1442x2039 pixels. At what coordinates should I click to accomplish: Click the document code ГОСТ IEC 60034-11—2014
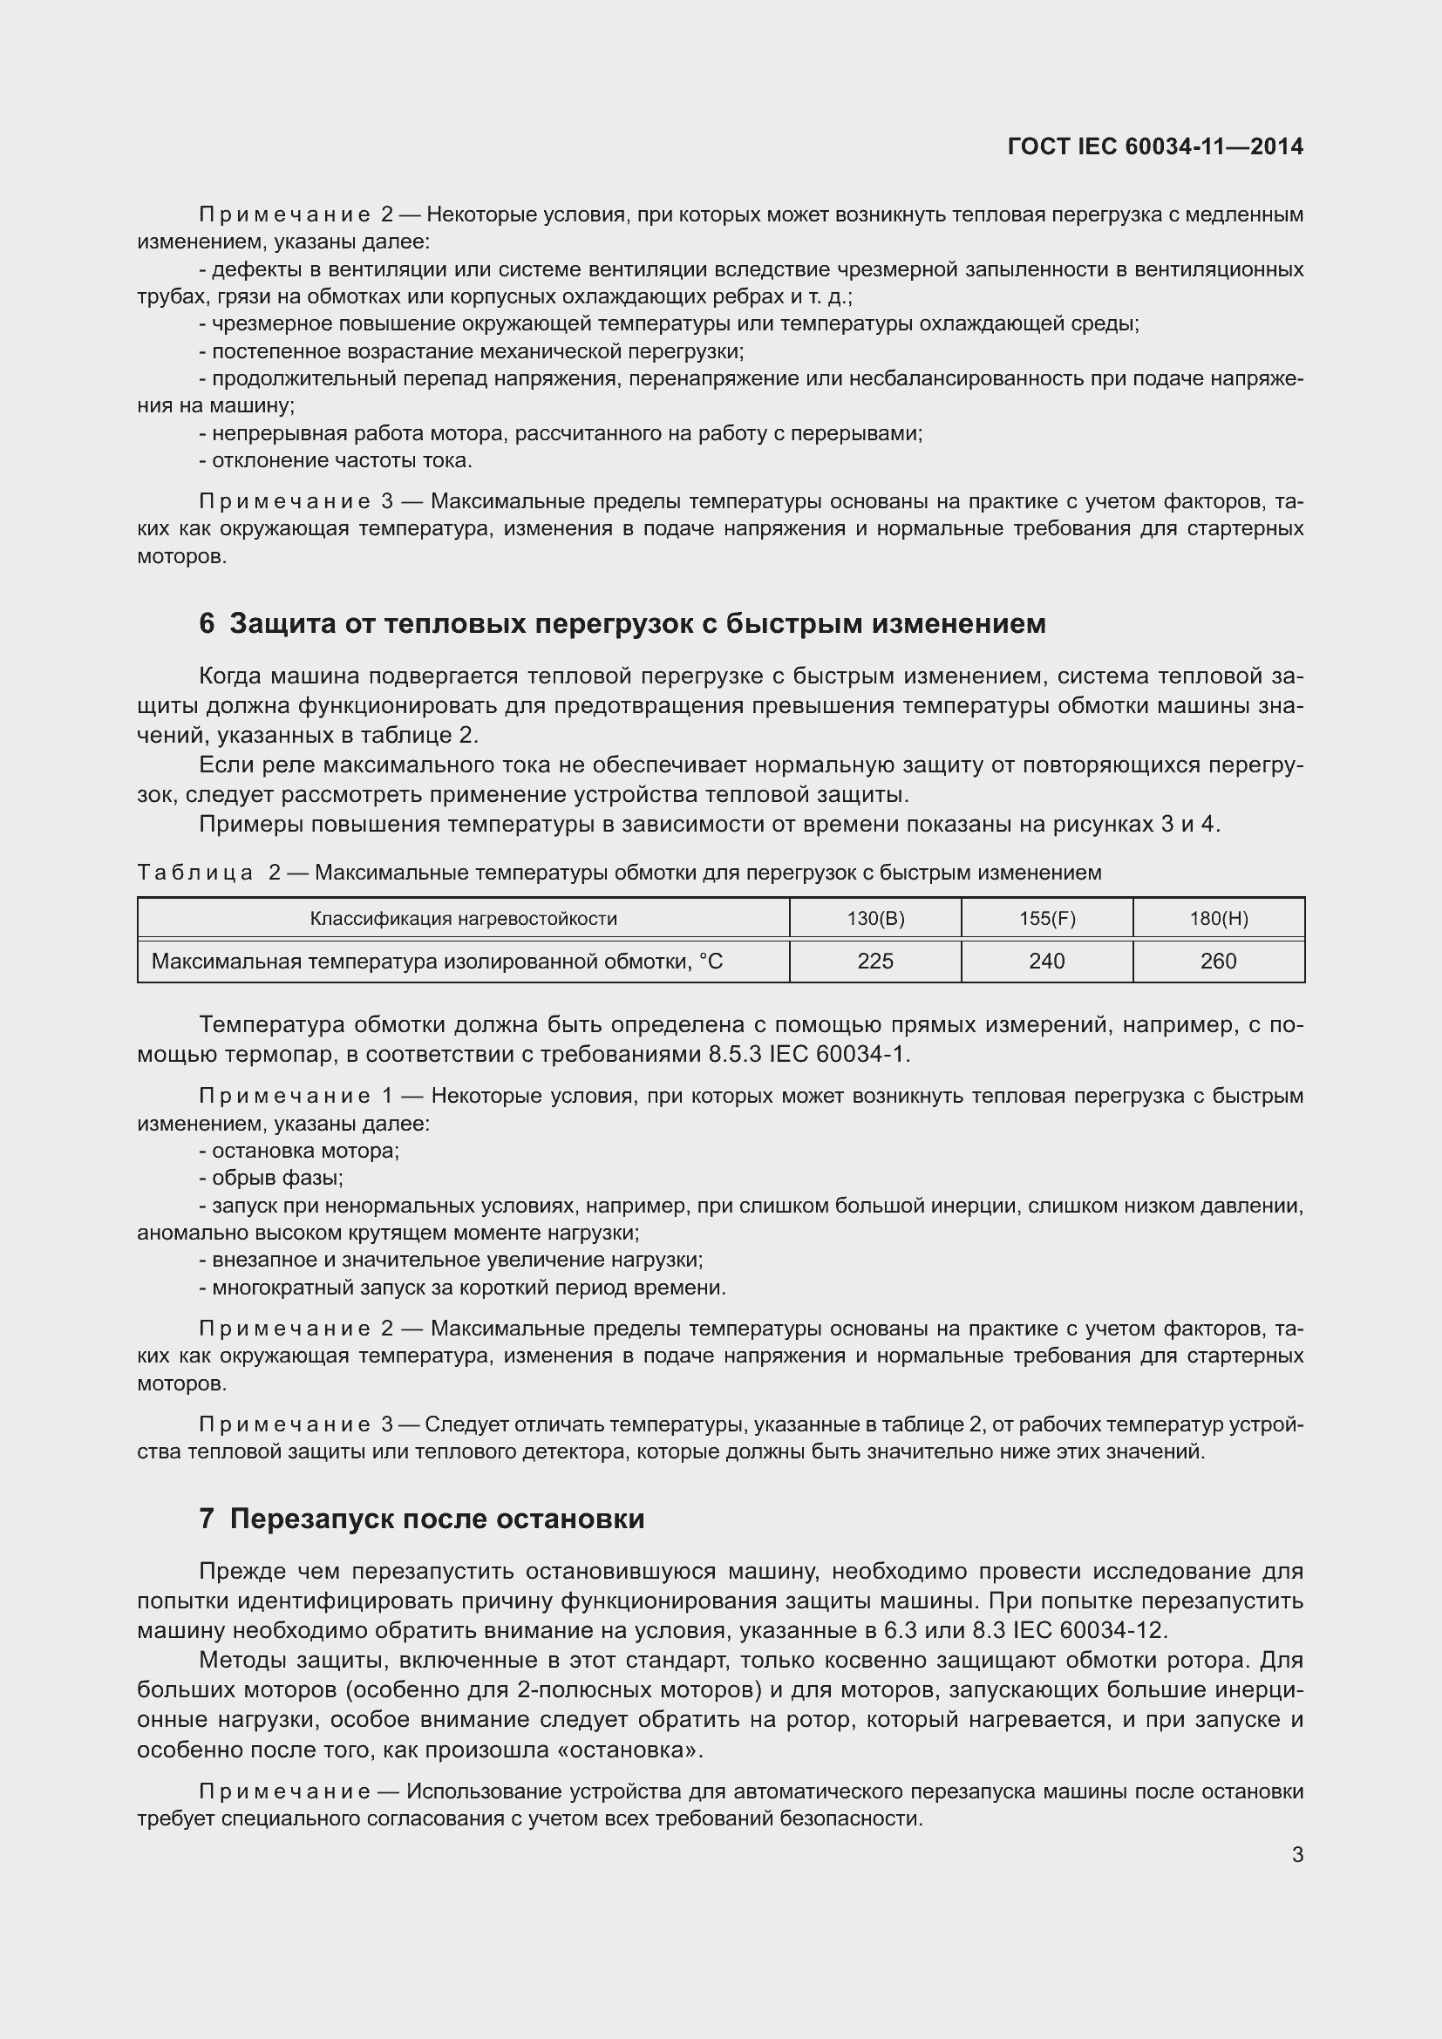(x=1155, y=146)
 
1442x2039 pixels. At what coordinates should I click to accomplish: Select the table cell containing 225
(x=874, y=961)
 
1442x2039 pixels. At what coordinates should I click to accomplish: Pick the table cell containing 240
(x=1046, y=961)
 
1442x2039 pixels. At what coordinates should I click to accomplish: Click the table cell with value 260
(x=1217, y=961)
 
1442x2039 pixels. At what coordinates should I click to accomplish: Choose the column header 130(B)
(x=874, y=918)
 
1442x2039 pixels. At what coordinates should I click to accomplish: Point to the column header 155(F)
(x=1046, y=918)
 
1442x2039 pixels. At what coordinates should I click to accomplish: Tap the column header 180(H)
(x=1218, y=918)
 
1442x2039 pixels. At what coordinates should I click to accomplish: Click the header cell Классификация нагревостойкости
(x=463, y=918)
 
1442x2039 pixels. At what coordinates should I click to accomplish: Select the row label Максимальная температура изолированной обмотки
(x=436, y=961)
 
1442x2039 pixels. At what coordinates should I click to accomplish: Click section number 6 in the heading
(x=207, y=624)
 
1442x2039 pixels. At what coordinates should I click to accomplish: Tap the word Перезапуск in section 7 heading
(x=313, y=1519)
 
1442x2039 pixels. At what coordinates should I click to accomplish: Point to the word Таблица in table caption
(x=195, y=873)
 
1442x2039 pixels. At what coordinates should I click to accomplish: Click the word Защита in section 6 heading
(x=283, y=624)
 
